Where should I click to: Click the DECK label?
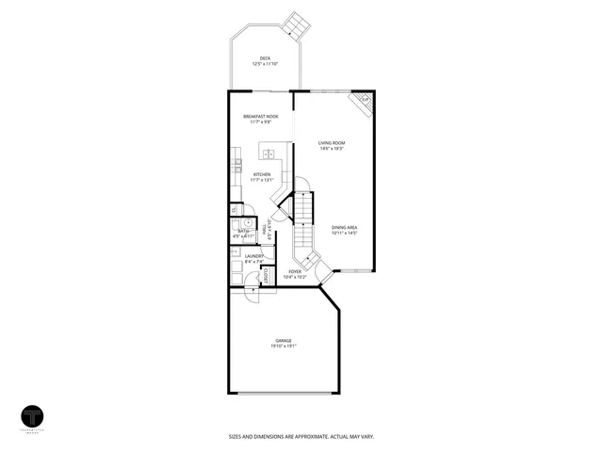(265, 57)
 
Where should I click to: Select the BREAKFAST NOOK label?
(260, 116)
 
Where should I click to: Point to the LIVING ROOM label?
(330, 143)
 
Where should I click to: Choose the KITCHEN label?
(262, 174)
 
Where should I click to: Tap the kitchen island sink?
(268, 153)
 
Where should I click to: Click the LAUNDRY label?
(253, 256)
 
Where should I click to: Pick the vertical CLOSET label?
(267, 276)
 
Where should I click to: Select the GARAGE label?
(283, 340)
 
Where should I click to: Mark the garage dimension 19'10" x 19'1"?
(283, 346)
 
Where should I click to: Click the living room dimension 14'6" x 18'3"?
(330, 149)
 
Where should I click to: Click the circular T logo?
(35, 416)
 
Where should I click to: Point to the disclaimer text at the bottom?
(301, 436)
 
